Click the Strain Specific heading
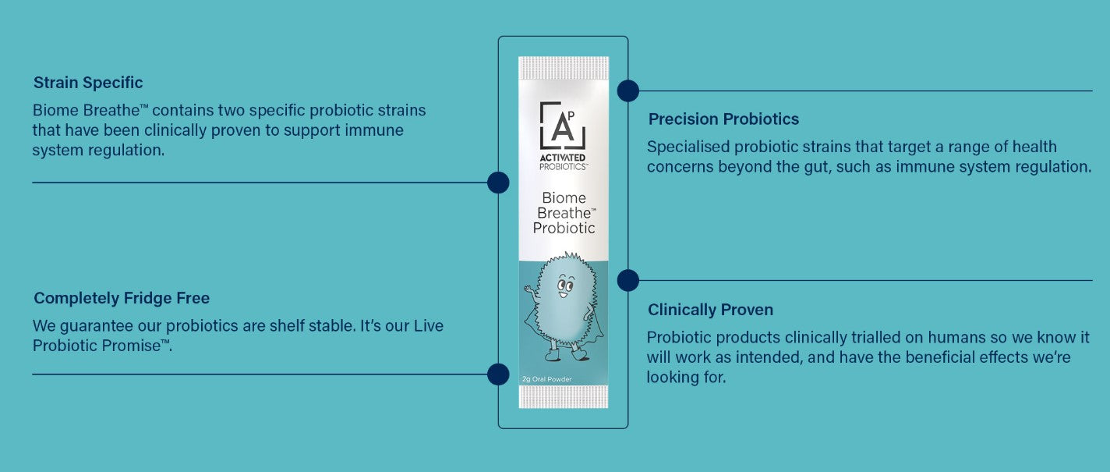pos(88,83)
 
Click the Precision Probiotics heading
pos(723,119)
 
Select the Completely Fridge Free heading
pos(122,298)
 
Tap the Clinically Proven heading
pos(710,310)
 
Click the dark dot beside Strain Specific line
pos(498,183)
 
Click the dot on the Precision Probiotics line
pos(628,91)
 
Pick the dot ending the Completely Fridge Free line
pos(498,374)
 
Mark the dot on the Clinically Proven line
pos(628,280)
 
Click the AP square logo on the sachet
pos(563,125)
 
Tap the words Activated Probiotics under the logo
pos(564,161)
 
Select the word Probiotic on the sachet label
pos(564,228)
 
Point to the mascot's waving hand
pos(530,290)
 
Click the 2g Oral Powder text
pos(547,380)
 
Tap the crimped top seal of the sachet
pos(564,67)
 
